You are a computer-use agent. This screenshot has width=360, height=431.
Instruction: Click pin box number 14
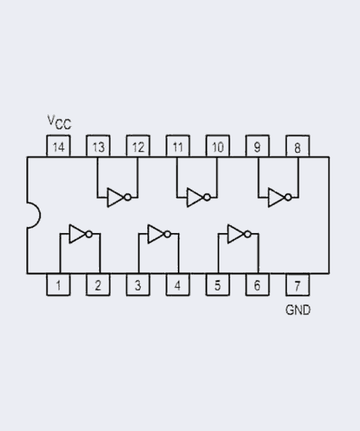tap(58, 146)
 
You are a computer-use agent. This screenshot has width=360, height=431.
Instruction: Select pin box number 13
tap(98, 146)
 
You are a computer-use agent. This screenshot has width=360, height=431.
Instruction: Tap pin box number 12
tap(138, 146)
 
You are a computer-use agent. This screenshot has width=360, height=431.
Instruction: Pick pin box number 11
tap(178, 146)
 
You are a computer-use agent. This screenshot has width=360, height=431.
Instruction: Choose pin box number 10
tap(217, 146)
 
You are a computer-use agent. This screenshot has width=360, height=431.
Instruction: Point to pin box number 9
tap(257, 146)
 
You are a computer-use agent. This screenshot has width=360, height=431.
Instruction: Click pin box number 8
tap(297, 146)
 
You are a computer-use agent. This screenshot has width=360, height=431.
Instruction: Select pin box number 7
tap(297, 284)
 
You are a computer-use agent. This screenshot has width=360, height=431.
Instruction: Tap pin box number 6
tap(257, 284)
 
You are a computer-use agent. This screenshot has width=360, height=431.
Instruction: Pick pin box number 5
tap(216, 284)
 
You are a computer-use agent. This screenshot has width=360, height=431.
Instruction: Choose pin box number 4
tap(177, 284)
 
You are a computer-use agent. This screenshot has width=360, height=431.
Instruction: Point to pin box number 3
tap(138, 284)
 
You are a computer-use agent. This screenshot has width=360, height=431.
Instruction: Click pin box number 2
tap(98, 284)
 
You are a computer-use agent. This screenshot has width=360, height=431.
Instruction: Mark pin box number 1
tap(58, 284)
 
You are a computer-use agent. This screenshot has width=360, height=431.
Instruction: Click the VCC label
tap(59, 122)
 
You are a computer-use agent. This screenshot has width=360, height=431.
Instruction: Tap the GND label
tap(297, 310)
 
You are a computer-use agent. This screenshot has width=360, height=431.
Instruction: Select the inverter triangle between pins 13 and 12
tap(115, 197)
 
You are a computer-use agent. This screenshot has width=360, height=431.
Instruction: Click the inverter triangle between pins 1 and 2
tap(77, 234)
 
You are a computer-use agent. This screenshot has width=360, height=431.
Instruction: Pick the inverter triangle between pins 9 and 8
tap(276, 197)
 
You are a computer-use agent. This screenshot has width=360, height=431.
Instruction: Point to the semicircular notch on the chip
tap(33, 215)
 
